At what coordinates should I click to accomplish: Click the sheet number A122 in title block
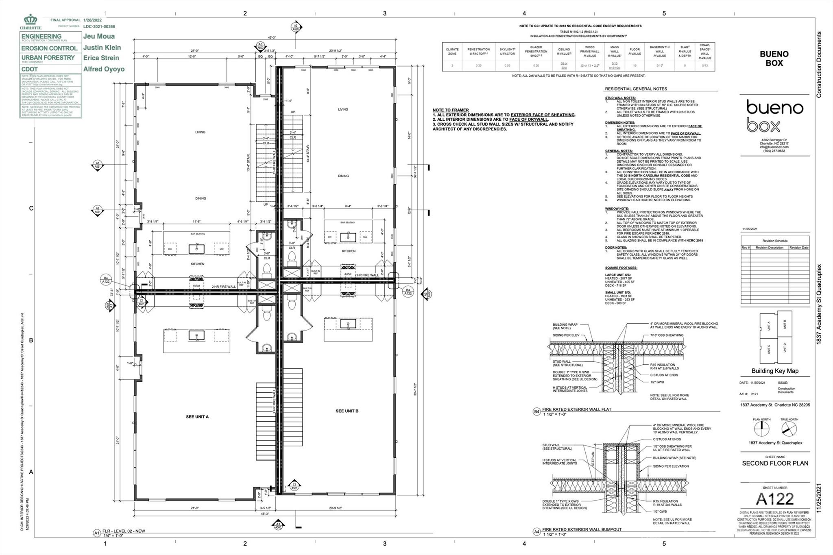point(774,499)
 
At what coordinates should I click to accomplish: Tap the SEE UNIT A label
point(197,417)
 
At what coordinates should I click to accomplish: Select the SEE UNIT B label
point(347,411)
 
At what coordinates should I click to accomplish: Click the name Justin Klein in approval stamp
point(102,48)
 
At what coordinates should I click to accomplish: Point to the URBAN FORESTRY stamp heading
point(48,58)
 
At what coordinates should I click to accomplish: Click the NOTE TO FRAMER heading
point(450,110)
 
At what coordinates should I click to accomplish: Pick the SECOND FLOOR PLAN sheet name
point(775,463)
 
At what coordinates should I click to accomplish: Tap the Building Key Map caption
point(775,371)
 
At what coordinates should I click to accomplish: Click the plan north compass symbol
point(761,429)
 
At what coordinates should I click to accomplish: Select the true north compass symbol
point(789,429)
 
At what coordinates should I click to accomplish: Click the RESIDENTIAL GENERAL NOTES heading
point(636,89)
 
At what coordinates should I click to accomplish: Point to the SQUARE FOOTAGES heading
point(621,268)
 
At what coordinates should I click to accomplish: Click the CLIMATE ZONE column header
point(452,52)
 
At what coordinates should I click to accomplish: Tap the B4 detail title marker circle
point(536,412)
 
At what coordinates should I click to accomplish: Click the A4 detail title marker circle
point(536,531)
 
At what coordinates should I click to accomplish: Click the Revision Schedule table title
point(775,241)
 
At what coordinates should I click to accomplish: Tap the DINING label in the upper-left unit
point(201,198)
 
